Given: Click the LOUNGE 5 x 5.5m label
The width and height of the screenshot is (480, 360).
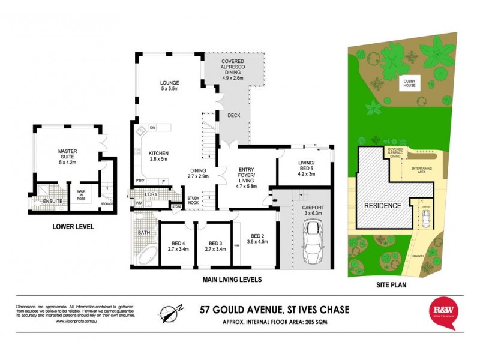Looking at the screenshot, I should point(170,86).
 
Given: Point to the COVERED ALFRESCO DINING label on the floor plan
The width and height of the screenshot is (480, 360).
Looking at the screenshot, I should point(232,70).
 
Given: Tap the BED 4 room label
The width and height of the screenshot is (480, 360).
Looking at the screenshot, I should point(178,245).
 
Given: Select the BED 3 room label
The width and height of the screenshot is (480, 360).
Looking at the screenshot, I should point(214,245).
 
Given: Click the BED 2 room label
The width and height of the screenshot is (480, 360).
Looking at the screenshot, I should point(257,239).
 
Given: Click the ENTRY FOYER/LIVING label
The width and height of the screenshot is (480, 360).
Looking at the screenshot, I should point(246,175).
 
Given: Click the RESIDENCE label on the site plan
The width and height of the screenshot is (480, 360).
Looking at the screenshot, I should point(382,205).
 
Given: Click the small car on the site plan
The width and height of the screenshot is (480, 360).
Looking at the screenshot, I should point(425,221).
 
